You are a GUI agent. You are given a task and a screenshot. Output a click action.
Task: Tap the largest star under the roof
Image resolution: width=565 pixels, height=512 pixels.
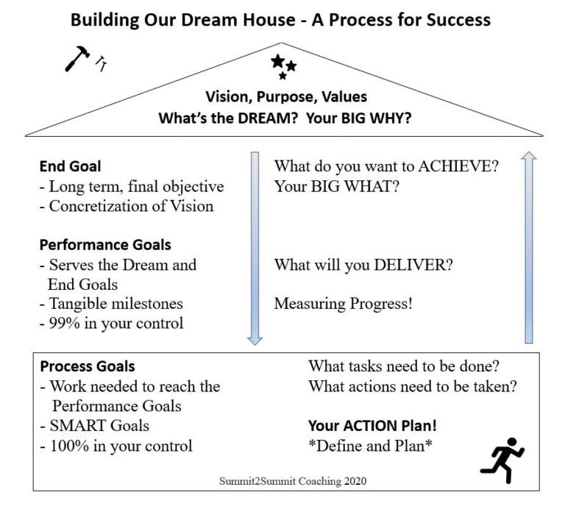pyautogui.click(x=277, y=61)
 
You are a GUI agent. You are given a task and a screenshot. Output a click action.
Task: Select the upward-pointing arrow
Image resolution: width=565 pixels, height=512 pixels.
pyautogui.click(x=528, y=246)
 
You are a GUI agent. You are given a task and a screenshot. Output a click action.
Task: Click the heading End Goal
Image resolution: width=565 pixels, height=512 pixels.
pyautogui.click(x=70, y=167)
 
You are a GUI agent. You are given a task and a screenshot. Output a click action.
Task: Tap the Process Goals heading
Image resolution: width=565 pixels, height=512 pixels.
pyautogui.click(x=87, y=366)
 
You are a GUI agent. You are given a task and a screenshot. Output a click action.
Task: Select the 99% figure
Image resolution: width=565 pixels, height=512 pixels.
pyautogui.click(x=65, y=322)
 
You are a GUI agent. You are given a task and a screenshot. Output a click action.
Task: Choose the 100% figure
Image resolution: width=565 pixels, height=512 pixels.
pyautogui.click(x=68, y=445)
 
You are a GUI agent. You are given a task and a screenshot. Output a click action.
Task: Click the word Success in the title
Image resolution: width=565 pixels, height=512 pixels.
pyautogui.click(x=453, y=20)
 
